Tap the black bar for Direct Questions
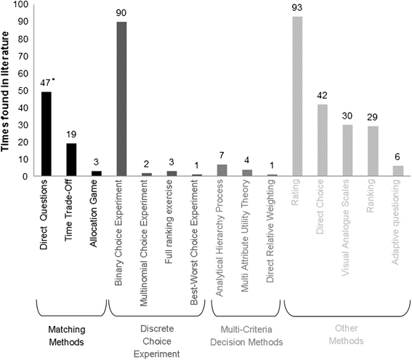tap(47, 134)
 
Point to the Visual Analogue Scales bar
tap(347, 151)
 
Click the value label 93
tap(296, 9)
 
